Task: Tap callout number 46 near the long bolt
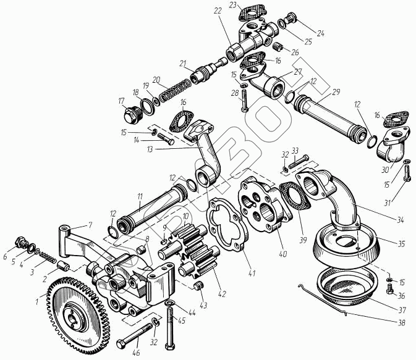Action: coord(136,353)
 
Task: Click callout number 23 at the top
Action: coord(232,6)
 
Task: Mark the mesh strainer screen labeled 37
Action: coord(347,287)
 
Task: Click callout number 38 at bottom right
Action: coord(401,323)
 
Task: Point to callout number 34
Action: coord(400,220)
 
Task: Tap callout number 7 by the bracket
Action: coord(90,225)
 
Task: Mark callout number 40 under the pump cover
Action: coord(283,253)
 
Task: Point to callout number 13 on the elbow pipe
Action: coord(150,149)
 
